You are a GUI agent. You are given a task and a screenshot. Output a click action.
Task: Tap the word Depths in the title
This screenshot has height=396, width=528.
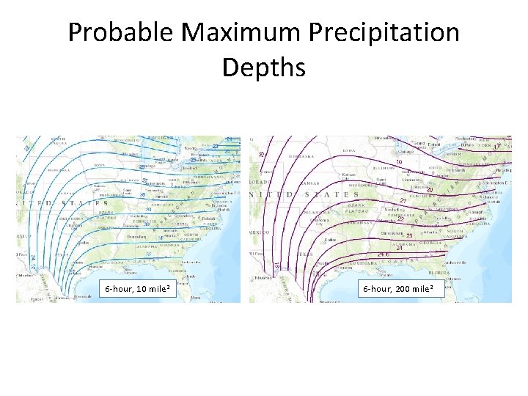coord(263,67)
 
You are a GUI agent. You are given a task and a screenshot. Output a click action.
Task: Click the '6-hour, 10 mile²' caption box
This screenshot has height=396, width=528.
coord(138,290)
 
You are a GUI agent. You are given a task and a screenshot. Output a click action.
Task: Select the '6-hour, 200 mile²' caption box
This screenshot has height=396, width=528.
coord(398,290)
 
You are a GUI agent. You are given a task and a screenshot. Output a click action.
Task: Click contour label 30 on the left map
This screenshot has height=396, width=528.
coord(147,224)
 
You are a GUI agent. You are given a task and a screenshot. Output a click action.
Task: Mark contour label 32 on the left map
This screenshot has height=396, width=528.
coord(149,254)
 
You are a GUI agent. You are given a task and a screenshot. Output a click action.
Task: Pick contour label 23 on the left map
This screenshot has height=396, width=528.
coord(216,146)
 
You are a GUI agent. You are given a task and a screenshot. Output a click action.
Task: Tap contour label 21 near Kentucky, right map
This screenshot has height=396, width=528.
coord(403,201)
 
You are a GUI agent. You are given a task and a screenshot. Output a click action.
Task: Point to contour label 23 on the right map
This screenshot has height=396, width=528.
coord(409,235)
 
